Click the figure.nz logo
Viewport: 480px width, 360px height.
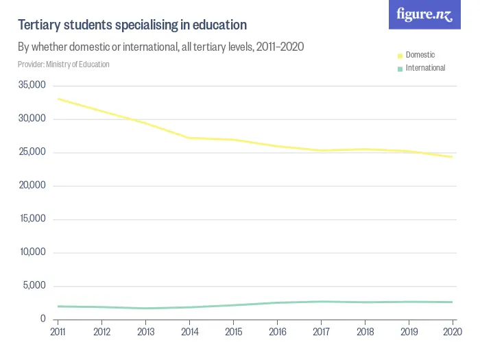tap(424, 15)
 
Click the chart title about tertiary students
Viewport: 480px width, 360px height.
tap(132, 25)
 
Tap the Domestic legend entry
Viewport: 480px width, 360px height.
tap(420, 55)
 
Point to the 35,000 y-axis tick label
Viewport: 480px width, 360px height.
tap(32, 86)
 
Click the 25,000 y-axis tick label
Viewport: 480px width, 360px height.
tap(32, 152)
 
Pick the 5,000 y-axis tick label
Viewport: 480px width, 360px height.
tap(34, 286)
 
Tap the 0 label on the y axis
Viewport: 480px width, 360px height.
tap(43, 320)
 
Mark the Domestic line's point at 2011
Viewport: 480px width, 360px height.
tap(58, 99)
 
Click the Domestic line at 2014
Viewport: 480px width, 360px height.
tap(189, 138)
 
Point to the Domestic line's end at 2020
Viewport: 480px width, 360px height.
tap(453, 157)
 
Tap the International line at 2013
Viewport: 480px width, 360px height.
tap(145, 308)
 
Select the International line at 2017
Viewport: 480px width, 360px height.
tap(321, 302)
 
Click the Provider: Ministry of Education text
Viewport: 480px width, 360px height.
tap(64, 64)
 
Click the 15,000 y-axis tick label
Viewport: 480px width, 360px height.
tap(32, 219)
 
